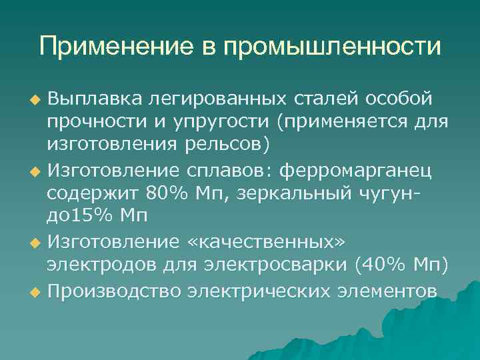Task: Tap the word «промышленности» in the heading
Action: [331, 47]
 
